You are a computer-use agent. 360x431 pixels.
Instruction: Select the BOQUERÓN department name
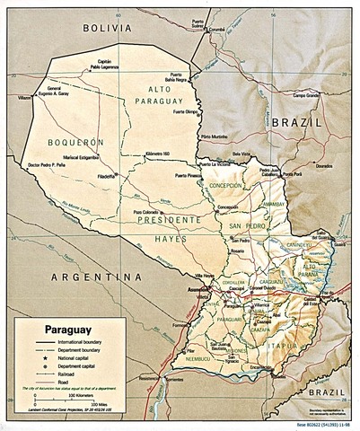tap(68, 141)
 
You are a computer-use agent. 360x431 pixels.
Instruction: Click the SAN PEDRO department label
tap(247, 225)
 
